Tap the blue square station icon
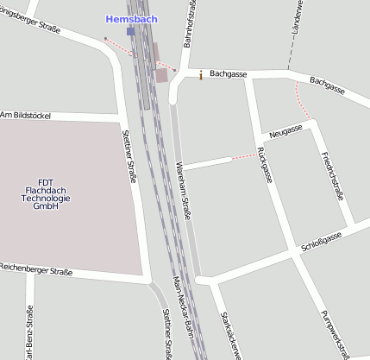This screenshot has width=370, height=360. pyautogui.click(x=130, y=31)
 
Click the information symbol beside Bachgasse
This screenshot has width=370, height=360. pyautogui.click(x=201, y=75)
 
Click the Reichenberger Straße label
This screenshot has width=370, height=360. pyautogui.click(x=35, y=271)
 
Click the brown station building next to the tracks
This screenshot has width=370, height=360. pyautogui.click(x=161, y=74)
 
